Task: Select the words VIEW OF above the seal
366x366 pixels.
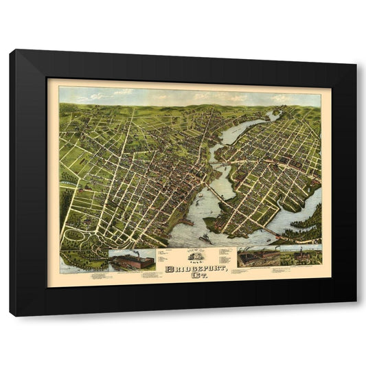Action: pos(190,251)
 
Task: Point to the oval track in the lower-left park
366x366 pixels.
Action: pos(73,236)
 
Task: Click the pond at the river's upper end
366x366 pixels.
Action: pos(273,116)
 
